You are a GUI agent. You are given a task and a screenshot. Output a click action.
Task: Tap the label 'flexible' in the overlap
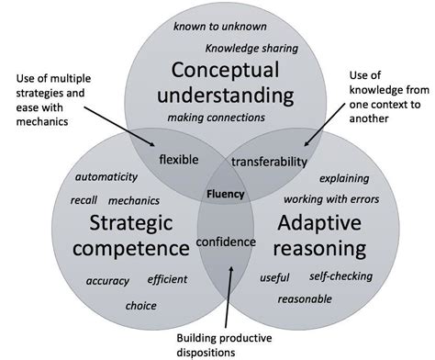point(178,160)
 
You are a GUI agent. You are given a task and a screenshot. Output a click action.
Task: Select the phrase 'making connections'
point(217,118)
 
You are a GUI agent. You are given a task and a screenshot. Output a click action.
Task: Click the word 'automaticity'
point(106,176)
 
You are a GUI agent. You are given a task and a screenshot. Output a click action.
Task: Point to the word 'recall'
point(84,199)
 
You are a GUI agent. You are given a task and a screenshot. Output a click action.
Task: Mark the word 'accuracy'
point(108,281)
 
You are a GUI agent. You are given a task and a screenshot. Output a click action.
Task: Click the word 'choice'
point(140,306)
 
